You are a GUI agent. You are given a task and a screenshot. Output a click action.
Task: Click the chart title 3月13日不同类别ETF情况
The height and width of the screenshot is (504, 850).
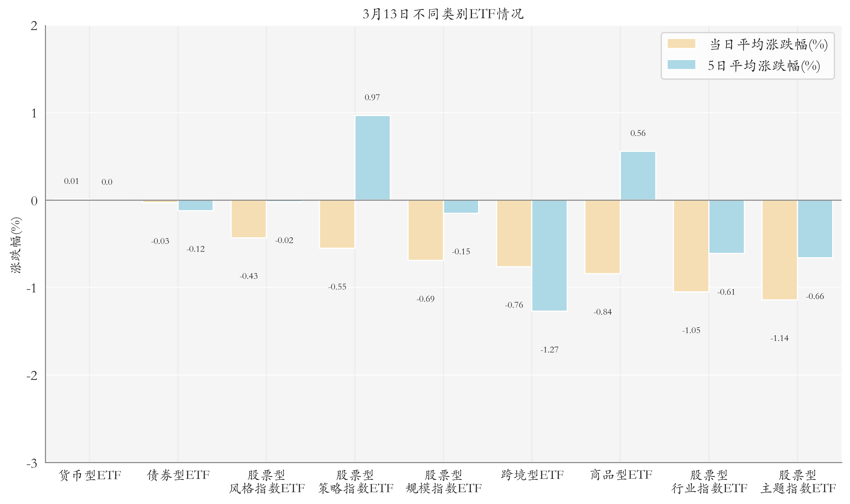[443, 14]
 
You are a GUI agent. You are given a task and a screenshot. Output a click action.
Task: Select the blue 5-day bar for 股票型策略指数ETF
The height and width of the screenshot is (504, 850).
[372, 158]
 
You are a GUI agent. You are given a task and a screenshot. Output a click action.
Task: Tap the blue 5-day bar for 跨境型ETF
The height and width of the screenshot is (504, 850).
[549, 255]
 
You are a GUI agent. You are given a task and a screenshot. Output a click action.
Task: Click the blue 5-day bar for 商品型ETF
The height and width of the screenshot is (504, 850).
[638, 176]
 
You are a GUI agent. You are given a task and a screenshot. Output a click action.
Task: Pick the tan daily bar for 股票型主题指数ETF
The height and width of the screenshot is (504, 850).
[779, 250]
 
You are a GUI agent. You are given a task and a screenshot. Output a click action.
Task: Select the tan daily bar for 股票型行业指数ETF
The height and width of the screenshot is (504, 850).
[691, 246]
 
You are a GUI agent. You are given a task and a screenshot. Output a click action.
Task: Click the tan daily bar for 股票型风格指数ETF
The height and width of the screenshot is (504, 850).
[248, 219]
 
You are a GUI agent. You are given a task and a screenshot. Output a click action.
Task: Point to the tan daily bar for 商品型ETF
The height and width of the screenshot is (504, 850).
[602, 237]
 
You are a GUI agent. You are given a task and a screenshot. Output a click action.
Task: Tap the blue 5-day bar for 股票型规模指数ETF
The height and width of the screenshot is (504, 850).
[461, 206]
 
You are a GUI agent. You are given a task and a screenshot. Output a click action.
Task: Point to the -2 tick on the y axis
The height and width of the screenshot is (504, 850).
[32, 376]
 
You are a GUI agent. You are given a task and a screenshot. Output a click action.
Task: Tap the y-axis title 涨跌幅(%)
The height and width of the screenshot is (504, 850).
[16, 245]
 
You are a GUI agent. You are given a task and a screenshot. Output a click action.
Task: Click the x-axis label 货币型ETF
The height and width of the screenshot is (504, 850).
[90, 475]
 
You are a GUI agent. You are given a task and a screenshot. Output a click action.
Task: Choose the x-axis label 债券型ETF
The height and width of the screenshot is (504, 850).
[178, 475]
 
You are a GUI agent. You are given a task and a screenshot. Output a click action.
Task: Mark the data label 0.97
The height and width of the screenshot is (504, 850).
[372, 98]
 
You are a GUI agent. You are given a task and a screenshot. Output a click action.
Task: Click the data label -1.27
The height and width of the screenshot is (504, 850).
[549, 350]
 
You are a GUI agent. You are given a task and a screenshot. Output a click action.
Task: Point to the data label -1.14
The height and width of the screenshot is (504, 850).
[779, 338]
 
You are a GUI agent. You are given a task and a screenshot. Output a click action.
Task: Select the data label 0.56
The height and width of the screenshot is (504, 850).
[638, 133]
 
